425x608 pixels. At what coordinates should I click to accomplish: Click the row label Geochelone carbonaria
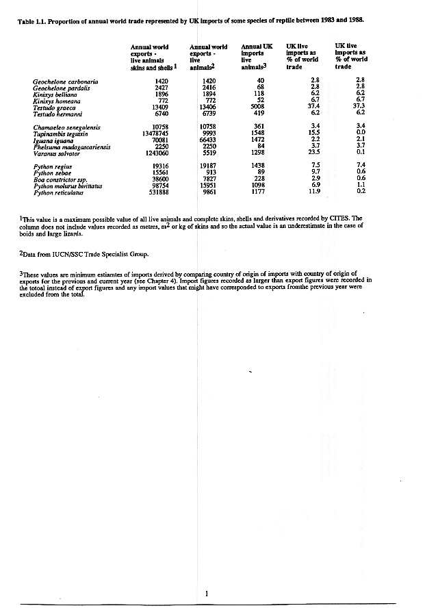coord(66,81)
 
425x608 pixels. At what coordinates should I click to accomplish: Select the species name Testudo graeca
coord(54,107)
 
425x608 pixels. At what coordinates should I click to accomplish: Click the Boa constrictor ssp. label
coord(61,179)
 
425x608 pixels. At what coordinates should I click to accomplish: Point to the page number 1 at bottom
coord(206,593)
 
